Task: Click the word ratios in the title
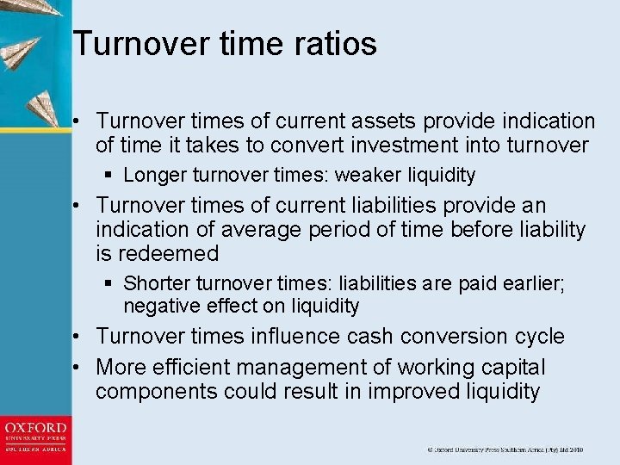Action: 335,44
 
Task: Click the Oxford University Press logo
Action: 35,440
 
